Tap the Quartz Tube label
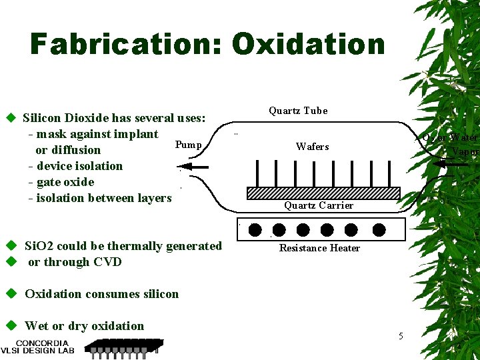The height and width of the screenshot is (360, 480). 298,111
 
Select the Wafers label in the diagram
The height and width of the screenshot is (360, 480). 312,147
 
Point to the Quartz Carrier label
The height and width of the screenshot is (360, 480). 319,205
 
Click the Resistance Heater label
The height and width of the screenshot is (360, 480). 319,248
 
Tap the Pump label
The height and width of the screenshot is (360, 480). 188,145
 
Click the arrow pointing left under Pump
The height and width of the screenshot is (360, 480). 195,167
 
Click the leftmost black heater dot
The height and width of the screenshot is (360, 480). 255,230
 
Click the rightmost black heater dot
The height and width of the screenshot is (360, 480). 379,230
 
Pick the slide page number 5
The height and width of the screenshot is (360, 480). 401,336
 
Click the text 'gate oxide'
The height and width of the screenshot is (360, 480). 65,182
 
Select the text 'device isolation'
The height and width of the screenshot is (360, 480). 79,166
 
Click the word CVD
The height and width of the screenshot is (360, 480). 107,262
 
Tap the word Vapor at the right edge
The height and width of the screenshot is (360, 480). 465,152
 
